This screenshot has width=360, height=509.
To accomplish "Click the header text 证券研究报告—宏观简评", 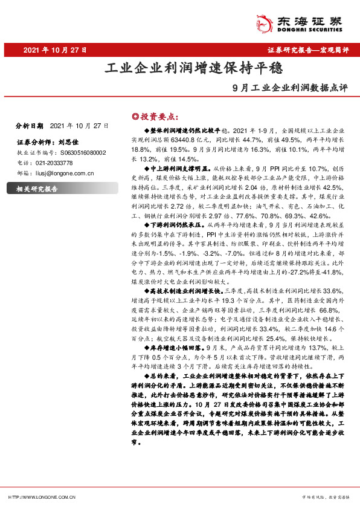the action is (x=307, y=50).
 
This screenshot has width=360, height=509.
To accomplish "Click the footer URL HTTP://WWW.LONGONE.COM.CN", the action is (x=42, y=497).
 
